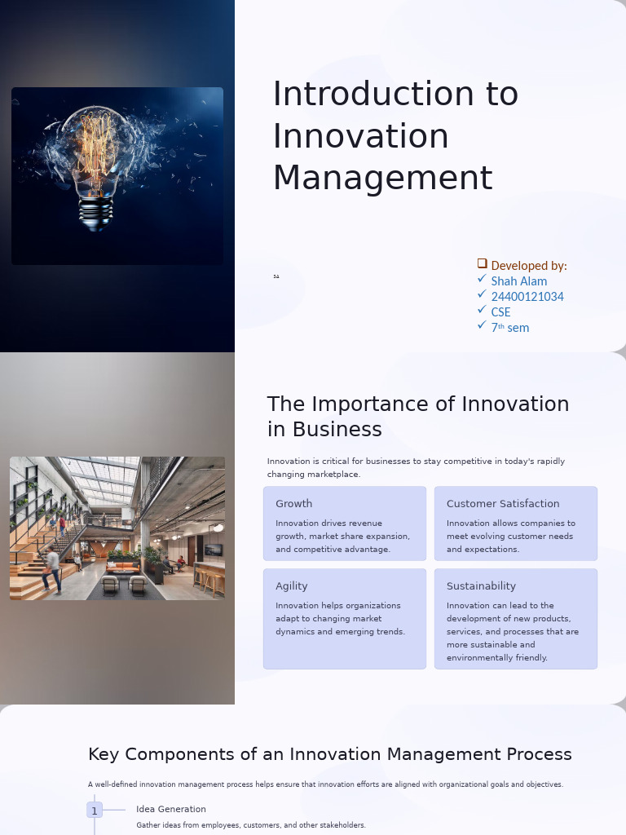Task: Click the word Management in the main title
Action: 382,179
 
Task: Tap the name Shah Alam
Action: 518,281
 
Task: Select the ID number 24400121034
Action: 527,297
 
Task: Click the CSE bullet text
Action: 500,312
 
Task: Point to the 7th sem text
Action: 509,328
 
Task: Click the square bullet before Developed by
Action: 482,263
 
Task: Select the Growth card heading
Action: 293,504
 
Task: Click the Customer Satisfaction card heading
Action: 502,504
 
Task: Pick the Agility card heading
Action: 291,586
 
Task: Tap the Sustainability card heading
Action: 481,586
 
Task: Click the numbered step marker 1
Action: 95,811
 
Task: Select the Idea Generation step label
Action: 170,810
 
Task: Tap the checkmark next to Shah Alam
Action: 482,279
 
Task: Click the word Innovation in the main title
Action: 360,136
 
